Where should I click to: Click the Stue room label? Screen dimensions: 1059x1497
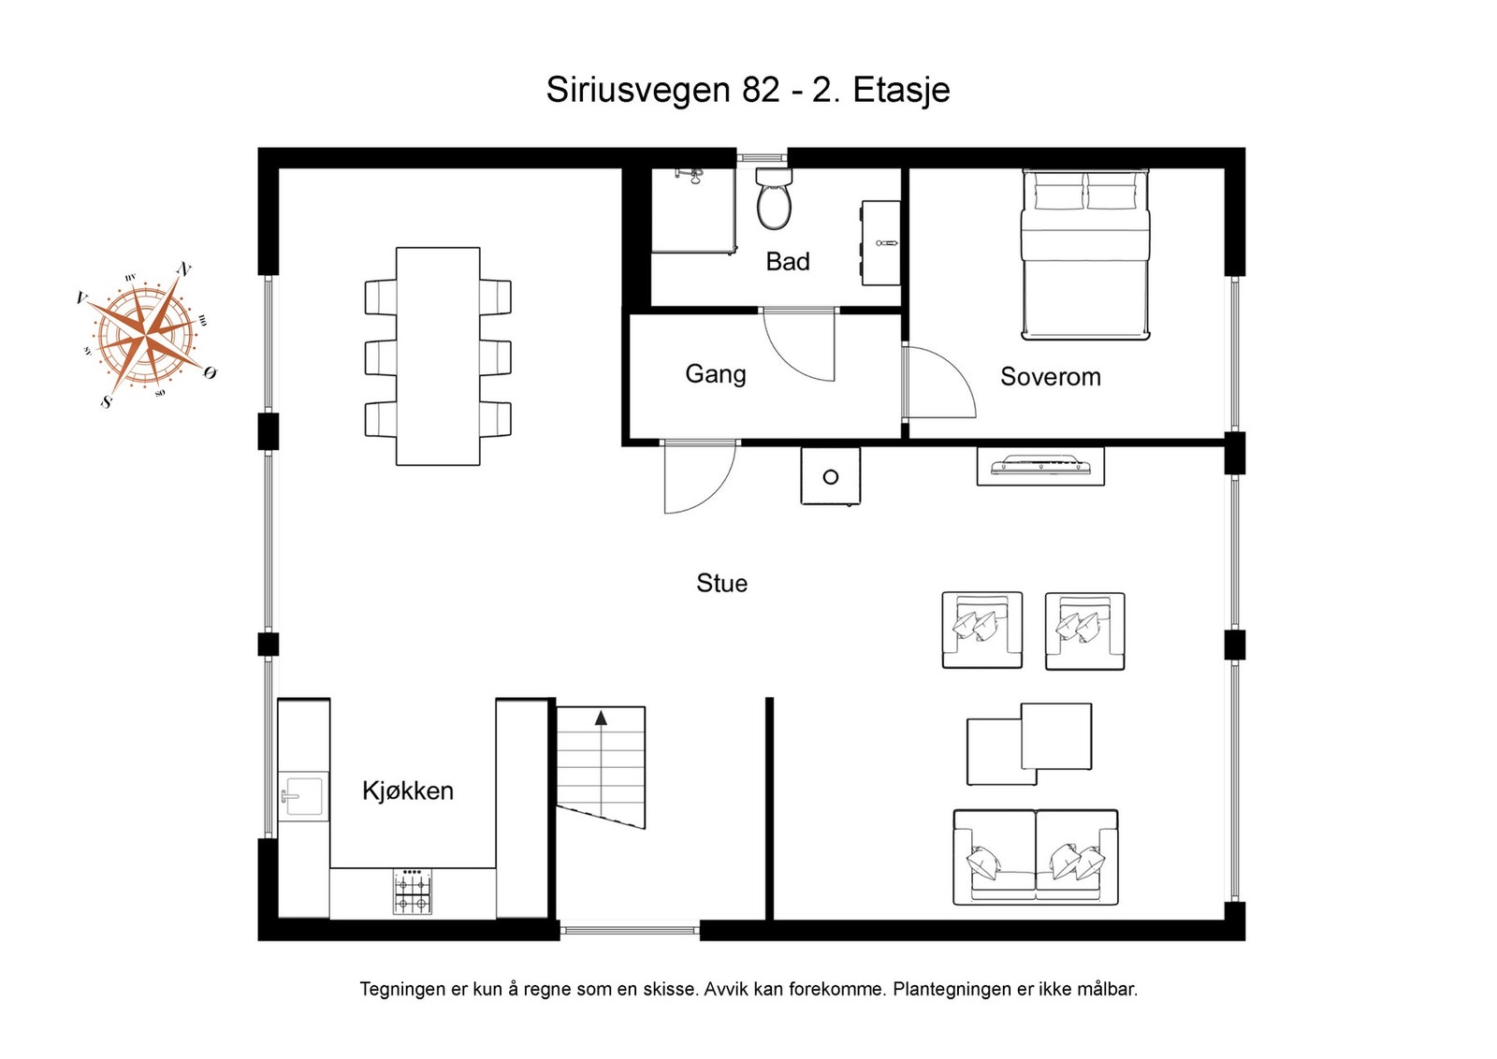721,583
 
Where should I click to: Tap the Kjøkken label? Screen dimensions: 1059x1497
408,791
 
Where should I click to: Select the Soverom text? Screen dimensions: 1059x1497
1050,377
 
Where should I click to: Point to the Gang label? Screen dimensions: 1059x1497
716,374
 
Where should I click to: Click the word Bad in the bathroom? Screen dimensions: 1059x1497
787,262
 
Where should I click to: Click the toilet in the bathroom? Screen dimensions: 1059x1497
775,200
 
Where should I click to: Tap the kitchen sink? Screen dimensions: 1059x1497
304,797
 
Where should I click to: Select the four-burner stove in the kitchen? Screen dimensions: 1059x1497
413,892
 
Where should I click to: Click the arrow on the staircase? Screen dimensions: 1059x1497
601,718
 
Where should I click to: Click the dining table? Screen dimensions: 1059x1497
438,355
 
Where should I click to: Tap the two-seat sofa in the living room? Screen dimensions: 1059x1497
1035,857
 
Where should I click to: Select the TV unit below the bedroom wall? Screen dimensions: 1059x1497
1040,466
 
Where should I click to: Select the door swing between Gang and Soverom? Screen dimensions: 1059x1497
938,382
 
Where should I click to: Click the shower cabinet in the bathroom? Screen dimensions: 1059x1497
692,210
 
